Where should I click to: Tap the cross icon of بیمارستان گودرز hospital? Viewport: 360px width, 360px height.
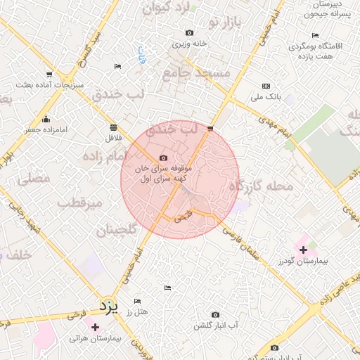click(303, 250)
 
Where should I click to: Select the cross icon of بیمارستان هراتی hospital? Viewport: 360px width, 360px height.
click(95, 327)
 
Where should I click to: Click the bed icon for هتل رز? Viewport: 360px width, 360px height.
click(167, 288)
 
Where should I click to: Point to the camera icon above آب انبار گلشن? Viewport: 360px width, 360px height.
click(215, 314)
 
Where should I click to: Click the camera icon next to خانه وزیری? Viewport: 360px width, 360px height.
click(189, 32)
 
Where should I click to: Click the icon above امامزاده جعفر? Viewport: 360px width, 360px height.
click(46, 119)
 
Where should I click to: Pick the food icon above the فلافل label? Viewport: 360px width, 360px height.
click(114, 127)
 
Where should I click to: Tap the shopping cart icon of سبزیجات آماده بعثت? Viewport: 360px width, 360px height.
click(49, 74)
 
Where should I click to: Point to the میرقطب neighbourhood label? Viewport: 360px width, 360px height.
click(79, 202)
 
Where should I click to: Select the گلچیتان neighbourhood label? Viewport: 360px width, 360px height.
click(115, 229)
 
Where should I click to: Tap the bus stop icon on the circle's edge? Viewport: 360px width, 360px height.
click(210, 128)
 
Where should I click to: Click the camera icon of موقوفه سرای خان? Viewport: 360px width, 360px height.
click(164, 158)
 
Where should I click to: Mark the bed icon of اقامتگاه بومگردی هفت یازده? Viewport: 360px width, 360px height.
click(315, 35)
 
